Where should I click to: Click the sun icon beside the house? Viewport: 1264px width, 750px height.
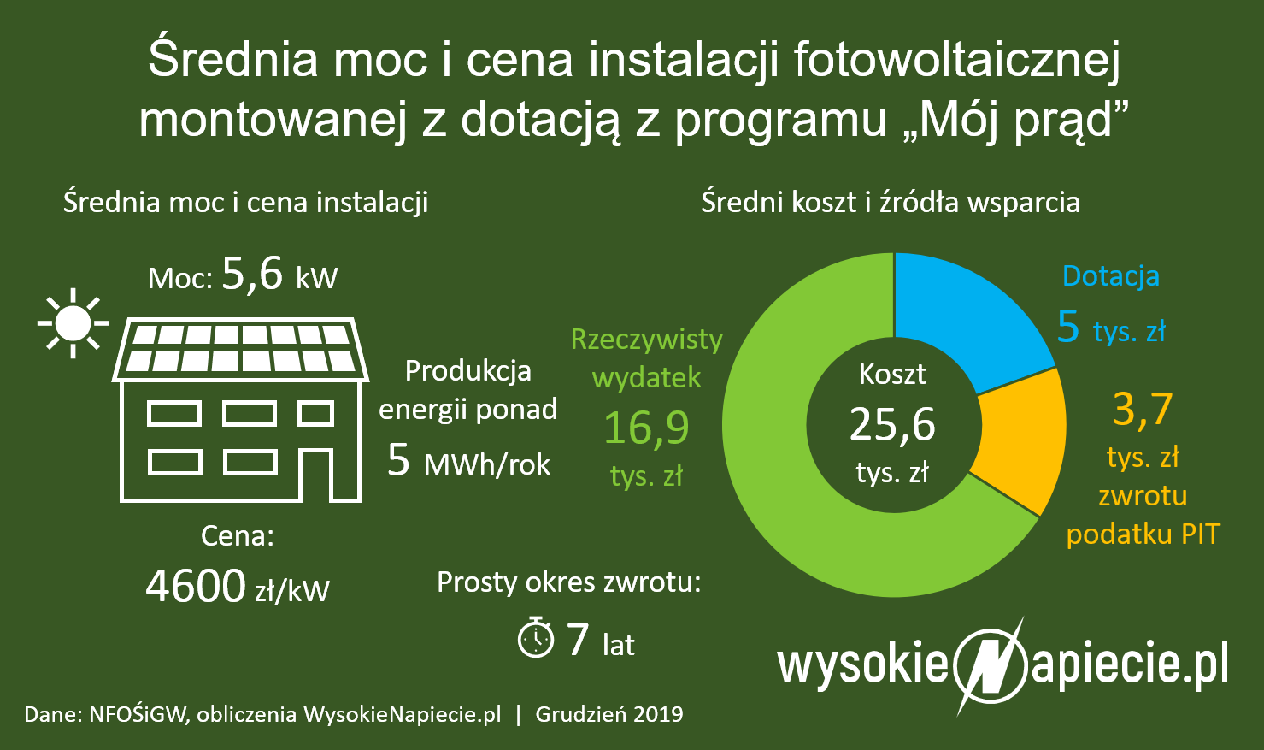tap(73, 323)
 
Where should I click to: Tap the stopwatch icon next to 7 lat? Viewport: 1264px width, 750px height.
tap(536, 638)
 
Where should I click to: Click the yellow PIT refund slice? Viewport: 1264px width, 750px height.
tap(1021, 440)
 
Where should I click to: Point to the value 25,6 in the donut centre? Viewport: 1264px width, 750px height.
tap(892, 425)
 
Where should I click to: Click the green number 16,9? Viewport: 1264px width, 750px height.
tap(646, 427)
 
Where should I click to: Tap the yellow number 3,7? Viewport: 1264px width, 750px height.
tap(1143, 409)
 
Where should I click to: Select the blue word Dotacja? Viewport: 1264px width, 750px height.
tap(1110, 276)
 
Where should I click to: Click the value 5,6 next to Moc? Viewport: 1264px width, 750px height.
tap(252, 275)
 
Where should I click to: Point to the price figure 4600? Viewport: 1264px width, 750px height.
tap(196, 587)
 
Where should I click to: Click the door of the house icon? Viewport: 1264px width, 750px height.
tap(317, 474)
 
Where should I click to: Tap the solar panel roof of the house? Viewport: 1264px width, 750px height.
tap(240, 349)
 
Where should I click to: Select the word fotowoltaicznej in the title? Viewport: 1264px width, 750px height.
tap(956, 60)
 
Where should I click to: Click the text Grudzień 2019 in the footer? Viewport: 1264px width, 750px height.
tap(609, 714)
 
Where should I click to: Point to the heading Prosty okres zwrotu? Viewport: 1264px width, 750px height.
tap(568, 582)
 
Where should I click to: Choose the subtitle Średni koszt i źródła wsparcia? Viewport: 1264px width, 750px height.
tap(891, 203)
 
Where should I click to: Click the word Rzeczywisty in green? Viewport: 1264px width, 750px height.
tap(646, 340)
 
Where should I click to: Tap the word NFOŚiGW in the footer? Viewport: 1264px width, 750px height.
tap(137, 714)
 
